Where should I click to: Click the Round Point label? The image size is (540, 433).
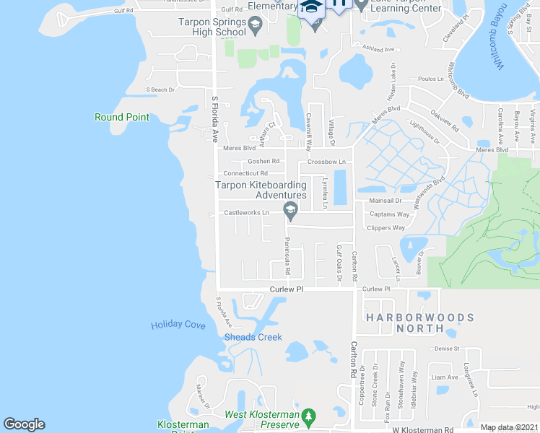[122, 118]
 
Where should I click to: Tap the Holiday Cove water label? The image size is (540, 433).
[178, 325]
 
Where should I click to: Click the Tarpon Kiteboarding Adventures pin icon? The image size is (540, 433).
[291, 211]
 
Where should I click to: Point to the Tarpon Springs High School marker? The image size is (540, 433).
[255, 27]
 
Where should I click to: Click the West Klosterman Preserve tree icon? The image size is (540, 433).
[309, 416]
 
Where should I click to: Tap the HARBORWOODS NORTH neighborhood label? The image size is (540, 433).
[419, 323]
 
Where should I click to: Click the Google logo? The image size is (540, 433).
[24, 424]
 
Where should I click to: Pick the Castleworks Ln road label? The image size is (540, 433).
[246, 213]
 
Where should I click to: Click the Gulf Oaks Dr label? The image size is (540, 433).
[339, 263]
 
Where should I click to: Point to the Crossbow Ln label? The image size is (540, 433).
[326, 162]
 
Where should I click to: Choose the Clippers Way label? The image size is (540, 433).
[386, 228]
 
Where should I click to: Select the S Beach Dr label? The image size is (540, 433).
[161, 89]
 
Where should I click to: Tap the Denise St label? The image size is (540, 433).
[448, 349]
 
